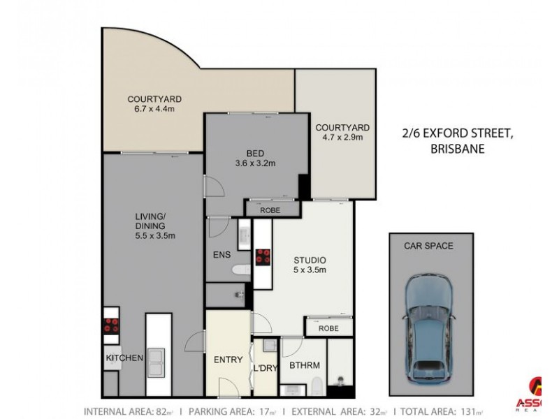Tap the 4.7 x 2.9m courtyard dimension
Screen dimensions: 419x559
point(342,139)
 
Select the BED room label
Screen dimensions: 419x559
point(255,153)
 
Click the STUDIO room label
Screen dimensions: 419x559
point(310,260)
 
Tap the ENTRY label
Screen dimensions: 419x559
point(228,360)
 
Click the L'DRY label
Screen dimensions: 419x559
point(265,368)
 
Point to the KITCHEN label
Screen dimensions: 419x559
point(124,358)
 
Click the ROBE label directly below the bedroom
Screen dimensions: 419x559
point(270,209)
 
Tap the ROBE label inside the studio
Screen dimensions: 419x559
point(328,328)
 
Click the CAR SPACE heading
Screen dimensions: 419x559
point(428,246)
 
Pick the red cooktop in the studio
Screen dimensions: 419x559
point(263,257)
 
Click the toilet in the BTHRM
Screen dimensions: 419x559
point(317,384)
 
